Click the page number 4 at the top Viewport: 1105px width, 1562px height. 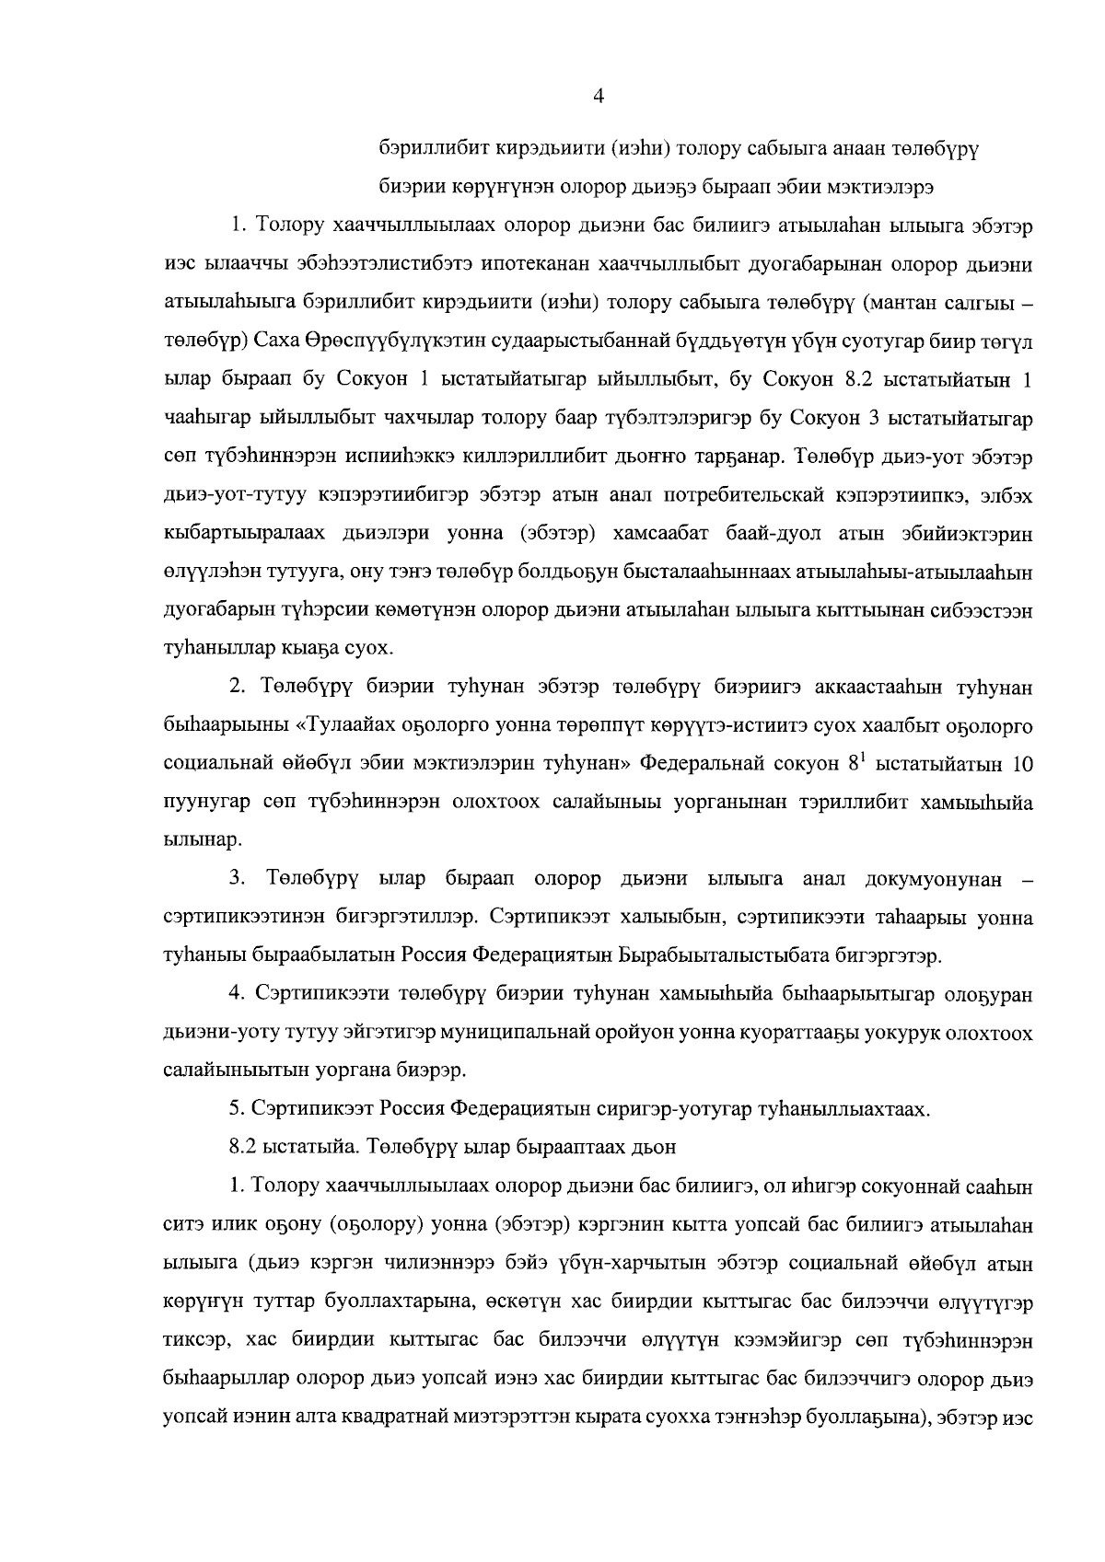coord(599,97)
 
